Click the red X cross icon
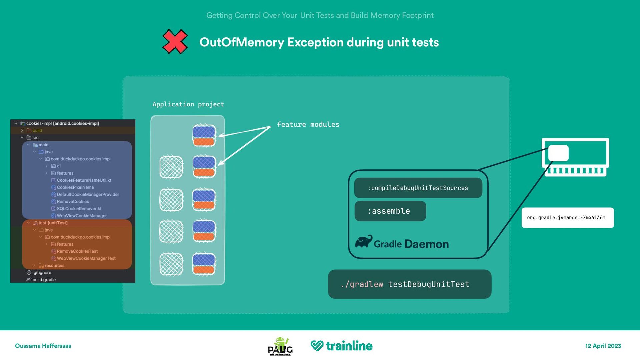click(x=175, y=42)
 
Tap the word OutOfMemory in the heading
click(x=241, y=42)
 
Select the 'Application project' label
click(x=188, y=104)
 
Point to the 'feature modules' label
click(x=308, y=124)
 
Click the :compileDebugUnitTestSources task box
click(x=418, y=188)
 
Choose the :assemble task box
click(x=390, y=211)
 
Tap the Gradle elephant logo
click(x=364, y=241)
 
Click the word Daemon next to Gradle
click(x=427, y=244)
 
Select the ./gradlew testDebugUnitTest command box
click(x=409, y=284)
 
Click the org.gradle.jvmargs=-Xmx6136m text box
click(x=567, y=218)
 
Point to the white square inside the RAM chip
click(x=558, y=153)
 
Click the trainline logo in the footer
click(x=341, y=346)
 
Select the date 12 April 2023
click(x=603, y=346)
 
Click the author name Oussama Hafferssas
click(x=43, y=346)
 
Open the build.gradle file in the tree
click(x=44, y=280)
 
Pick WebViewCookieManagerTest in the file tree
click(x=86, y=258)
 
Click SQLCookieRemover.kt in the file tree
click(x=79, y=209)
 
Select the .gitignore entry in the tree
click(x=42, y=273)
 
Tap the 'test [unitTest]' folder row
click(x=53, y=223)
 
